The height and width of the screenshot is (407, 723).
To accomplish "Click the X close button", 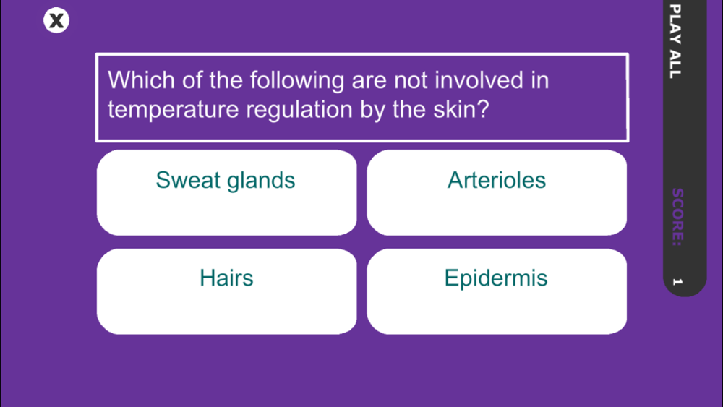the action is pos(56,20).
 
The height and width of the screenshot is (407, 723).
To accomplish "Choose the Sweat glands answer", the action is pos(226,193).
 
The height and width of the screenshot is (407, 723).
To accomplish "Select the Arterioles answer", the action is pos(497,193).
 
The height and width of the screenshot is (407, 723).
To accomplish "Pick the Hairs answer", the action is pos(226,291).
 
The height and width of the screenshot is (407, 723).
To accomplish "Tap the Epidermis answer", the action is pos(497,291).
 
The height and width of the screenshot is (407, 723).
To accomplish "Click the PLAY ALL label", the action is pos(675,41).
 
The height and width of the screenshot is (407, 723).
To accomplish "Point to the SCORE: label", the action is pos(677,217).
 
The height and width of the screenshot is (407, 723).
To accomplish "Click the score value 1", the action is pos(677,281).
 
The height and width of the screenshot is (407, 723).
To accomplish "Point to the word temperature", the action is pos(173,110).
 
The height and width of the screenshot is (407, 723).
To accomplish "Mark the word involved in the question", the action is pos(479,80).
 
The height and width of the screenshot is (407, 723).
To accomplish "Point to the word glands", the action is pos(261,181).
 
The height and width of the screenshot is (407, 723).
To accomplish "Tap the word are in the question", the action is pos(369,82).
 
